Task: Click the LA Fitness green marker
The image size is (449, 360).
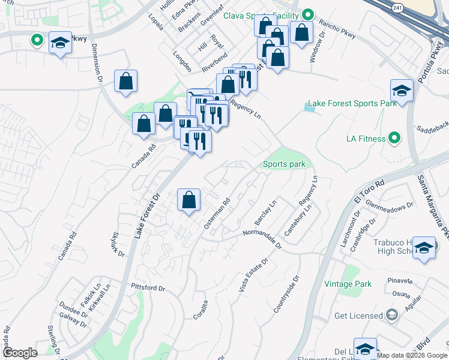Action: pyautogui.click(x=394, y=139)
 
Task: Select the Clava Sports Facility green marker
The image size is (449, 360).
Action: pyautogui.click(x=308, y=14)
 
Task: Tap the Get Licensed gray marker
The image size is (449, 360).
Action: pyautogui.click(x=392, y=315)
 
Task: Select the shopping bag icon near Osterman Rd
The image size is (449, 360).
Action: pyautogui.click(x=188, y=200)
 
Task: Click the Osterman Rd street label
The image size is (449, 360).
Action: pyautogui.click(x=217, y=215)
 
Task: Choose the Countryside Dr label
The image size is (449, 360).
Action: pyautogui.click(x=285, y=295)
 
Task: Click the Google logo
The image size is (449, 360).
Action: pyautogui.click(x=20, y=353)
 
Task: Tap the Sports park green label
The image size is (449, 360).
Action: pyautogui.click(x=284, y=164)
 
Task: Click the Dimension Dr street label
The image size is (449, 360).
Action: pyautogui.click(x=98, y=67)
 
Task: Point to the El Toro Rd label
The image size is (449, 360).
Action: pyautogui.click(x=367, y=194)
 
